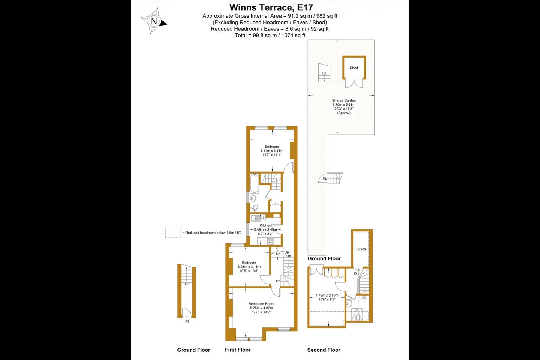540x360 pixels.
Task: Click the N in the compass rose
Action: coord(154,21)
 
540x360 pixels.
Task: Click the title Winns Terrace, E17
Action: coord(271,7)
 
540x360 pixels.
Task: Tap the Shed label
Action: coord(354,68)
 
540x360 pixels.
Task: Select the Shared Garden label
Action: coord(344,100)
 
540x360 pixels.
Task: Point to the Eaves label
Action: coord(361,249)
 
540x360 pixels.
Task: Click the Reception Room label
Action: coord(261,304)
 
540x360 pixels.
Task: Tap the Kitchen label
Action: coord(265,225)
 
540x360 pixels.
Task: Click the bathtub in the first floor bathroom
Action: coord(254,184)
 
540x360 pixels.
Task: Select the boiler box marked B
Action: coord(264,217)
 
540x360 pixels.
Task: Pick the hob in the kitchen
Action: coord(271,241)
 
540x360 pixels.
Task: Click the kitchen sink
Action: coord(256,219)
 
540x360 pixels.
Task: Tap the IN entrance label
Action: coord(187,321)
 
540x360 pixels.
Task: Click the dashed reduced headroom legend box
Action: coord(172,233)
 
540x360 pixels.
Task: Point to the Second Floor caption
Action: coord(324,350)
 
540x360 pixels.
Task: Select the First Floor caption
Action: coord(238,350)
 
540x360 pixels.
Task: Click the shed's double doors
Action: coord(354,83)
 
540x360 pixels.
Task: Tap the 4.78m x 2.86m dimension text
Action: coord(327,295)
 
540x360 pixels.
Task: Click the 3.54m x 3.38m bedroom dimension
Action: coord(272,151)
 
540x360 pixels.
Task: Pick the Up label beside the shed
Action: coord(324,73)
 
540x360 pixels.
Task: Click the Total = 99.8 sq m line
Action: coord(270,36)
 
